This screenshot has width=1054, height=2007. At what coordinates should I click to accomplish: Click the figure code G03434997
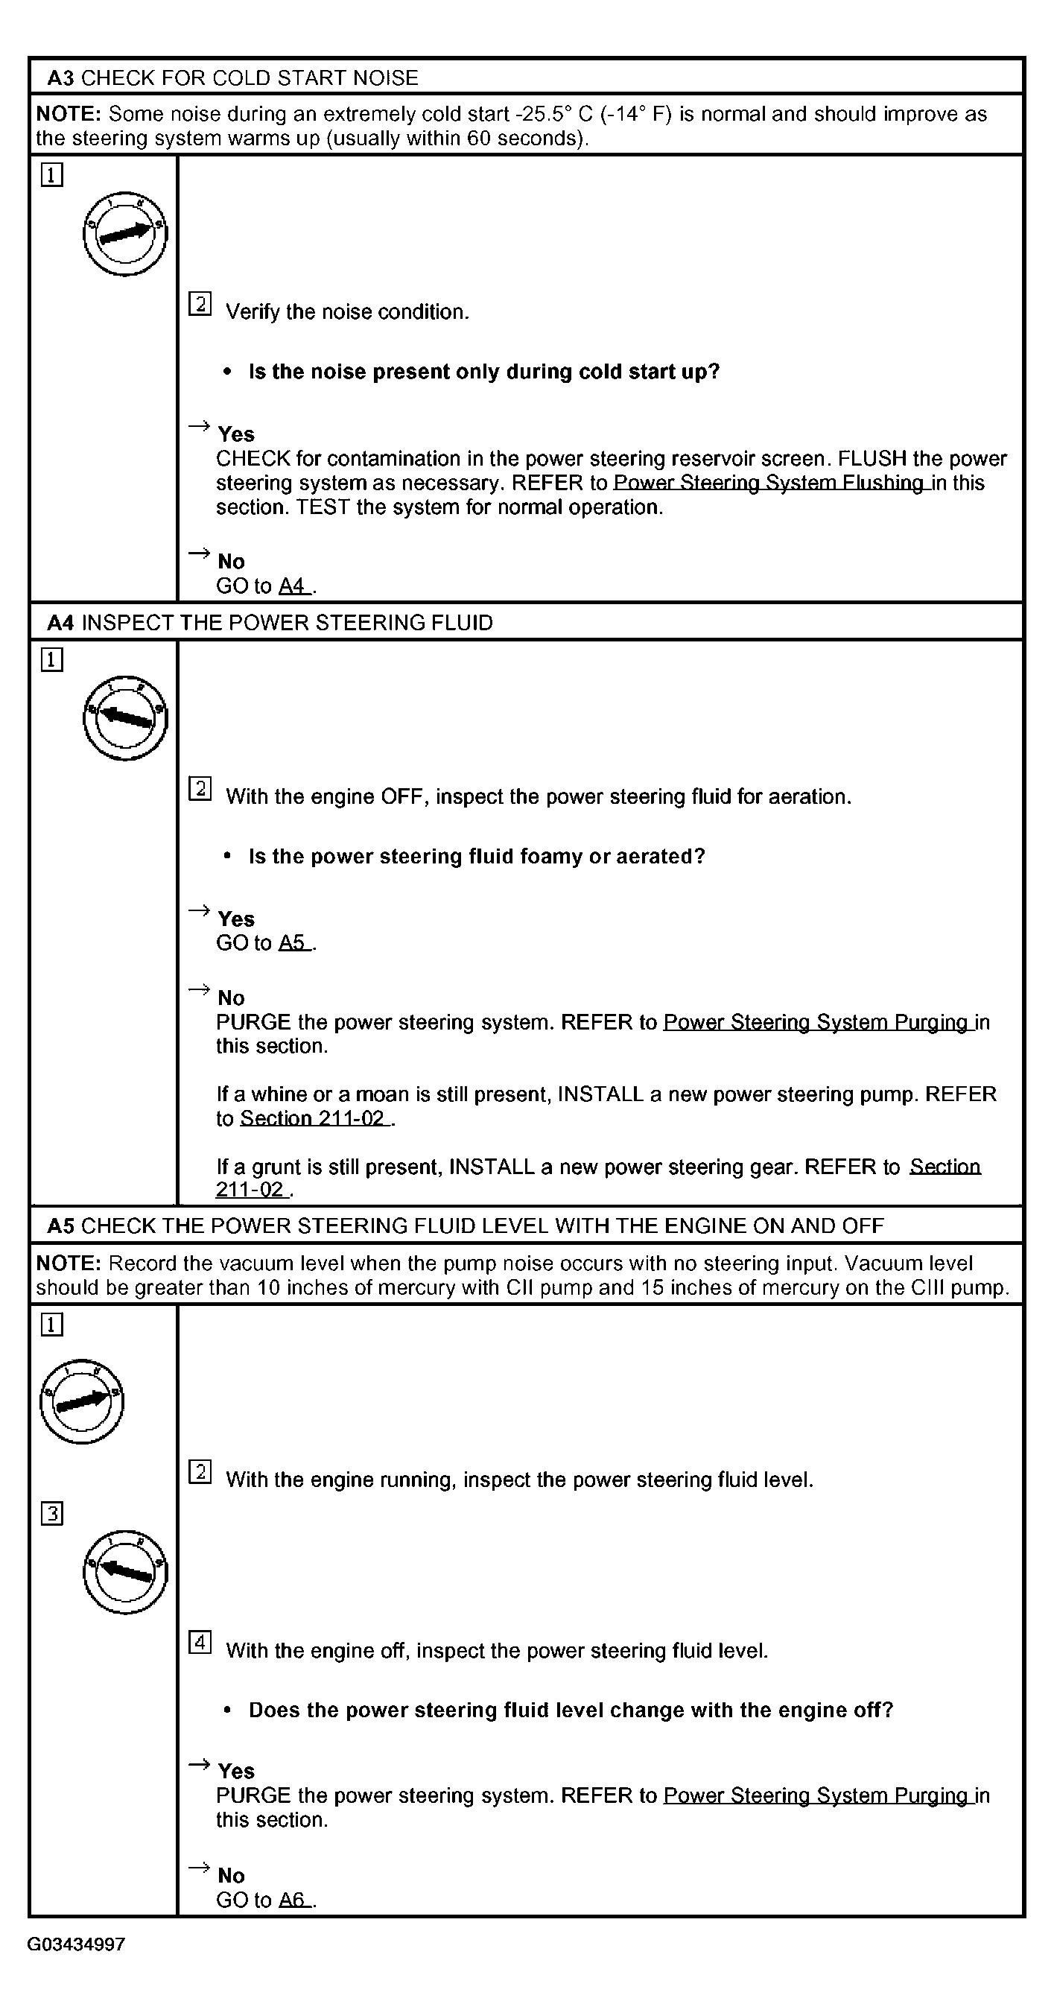(75, 1944)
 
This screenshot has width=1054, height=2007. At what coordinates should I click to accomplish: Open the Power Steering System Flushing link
(769, 483)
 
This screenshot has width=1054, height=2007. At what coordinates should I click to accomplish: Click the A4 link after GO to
(293, 586)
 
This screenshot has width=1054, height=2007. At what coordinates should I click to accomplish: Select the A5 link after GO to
(293, 942)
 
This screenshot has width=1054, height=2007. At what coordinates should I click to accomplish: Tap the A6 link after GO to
(293, 1900)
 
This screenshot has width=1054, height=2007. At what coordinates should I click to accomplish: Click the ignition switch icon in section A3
(124, 233)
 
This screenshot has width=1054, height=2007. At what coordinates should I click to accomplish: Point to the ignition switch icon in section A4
(124, 717)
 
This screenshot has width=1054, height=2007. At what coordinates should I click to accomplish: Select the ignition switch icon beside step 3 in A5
(124, 1571)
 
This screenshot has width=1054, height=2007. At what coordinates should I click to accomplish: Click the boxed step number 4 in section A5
(200, 1643)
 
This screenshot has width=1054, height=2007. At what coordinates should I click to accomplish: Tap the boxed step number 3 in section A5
(51, 1515)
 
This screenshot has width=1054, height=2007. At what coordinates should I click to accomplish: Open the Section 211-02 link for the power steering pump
(313, 1119)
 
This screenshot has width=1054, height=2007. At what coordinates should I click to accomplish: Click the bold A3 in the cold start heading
(61, 78)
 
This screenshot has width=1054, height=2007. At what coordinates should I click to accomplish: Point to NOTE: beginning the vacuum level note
(69, 1263)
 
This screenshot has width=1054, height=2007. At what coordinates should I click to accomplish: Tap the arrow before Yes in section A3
(200, 425)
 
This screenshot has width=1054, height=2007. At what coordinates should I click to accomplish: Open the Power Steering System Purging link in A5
(816, 1795)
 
